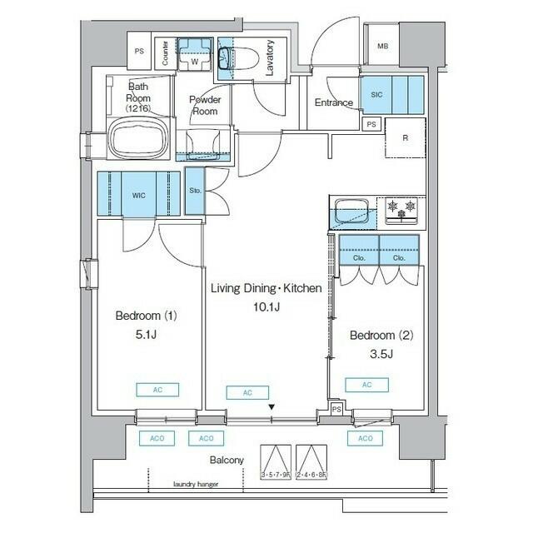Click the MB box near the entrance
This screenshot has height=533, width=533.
pos(383,47)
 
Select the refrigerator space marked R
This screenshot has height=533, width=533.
pos(404,137)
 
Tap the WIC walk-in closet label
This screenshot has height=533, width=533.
pos(138,194)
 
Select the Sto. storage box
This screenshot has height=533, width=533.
pos(194,191)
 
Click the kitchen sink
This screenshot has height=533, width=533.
pos(352,211)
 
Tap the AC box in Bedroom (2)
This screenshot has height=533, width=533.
pos(366,384)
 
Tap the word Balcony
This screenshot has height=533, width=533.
pos(227,460)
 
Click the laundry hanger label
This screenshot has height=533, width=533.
pos(195,483)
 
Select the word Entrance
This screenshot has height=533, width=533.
pos(334,102)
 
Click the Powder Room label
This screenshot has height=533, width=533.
pos(204,105)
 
